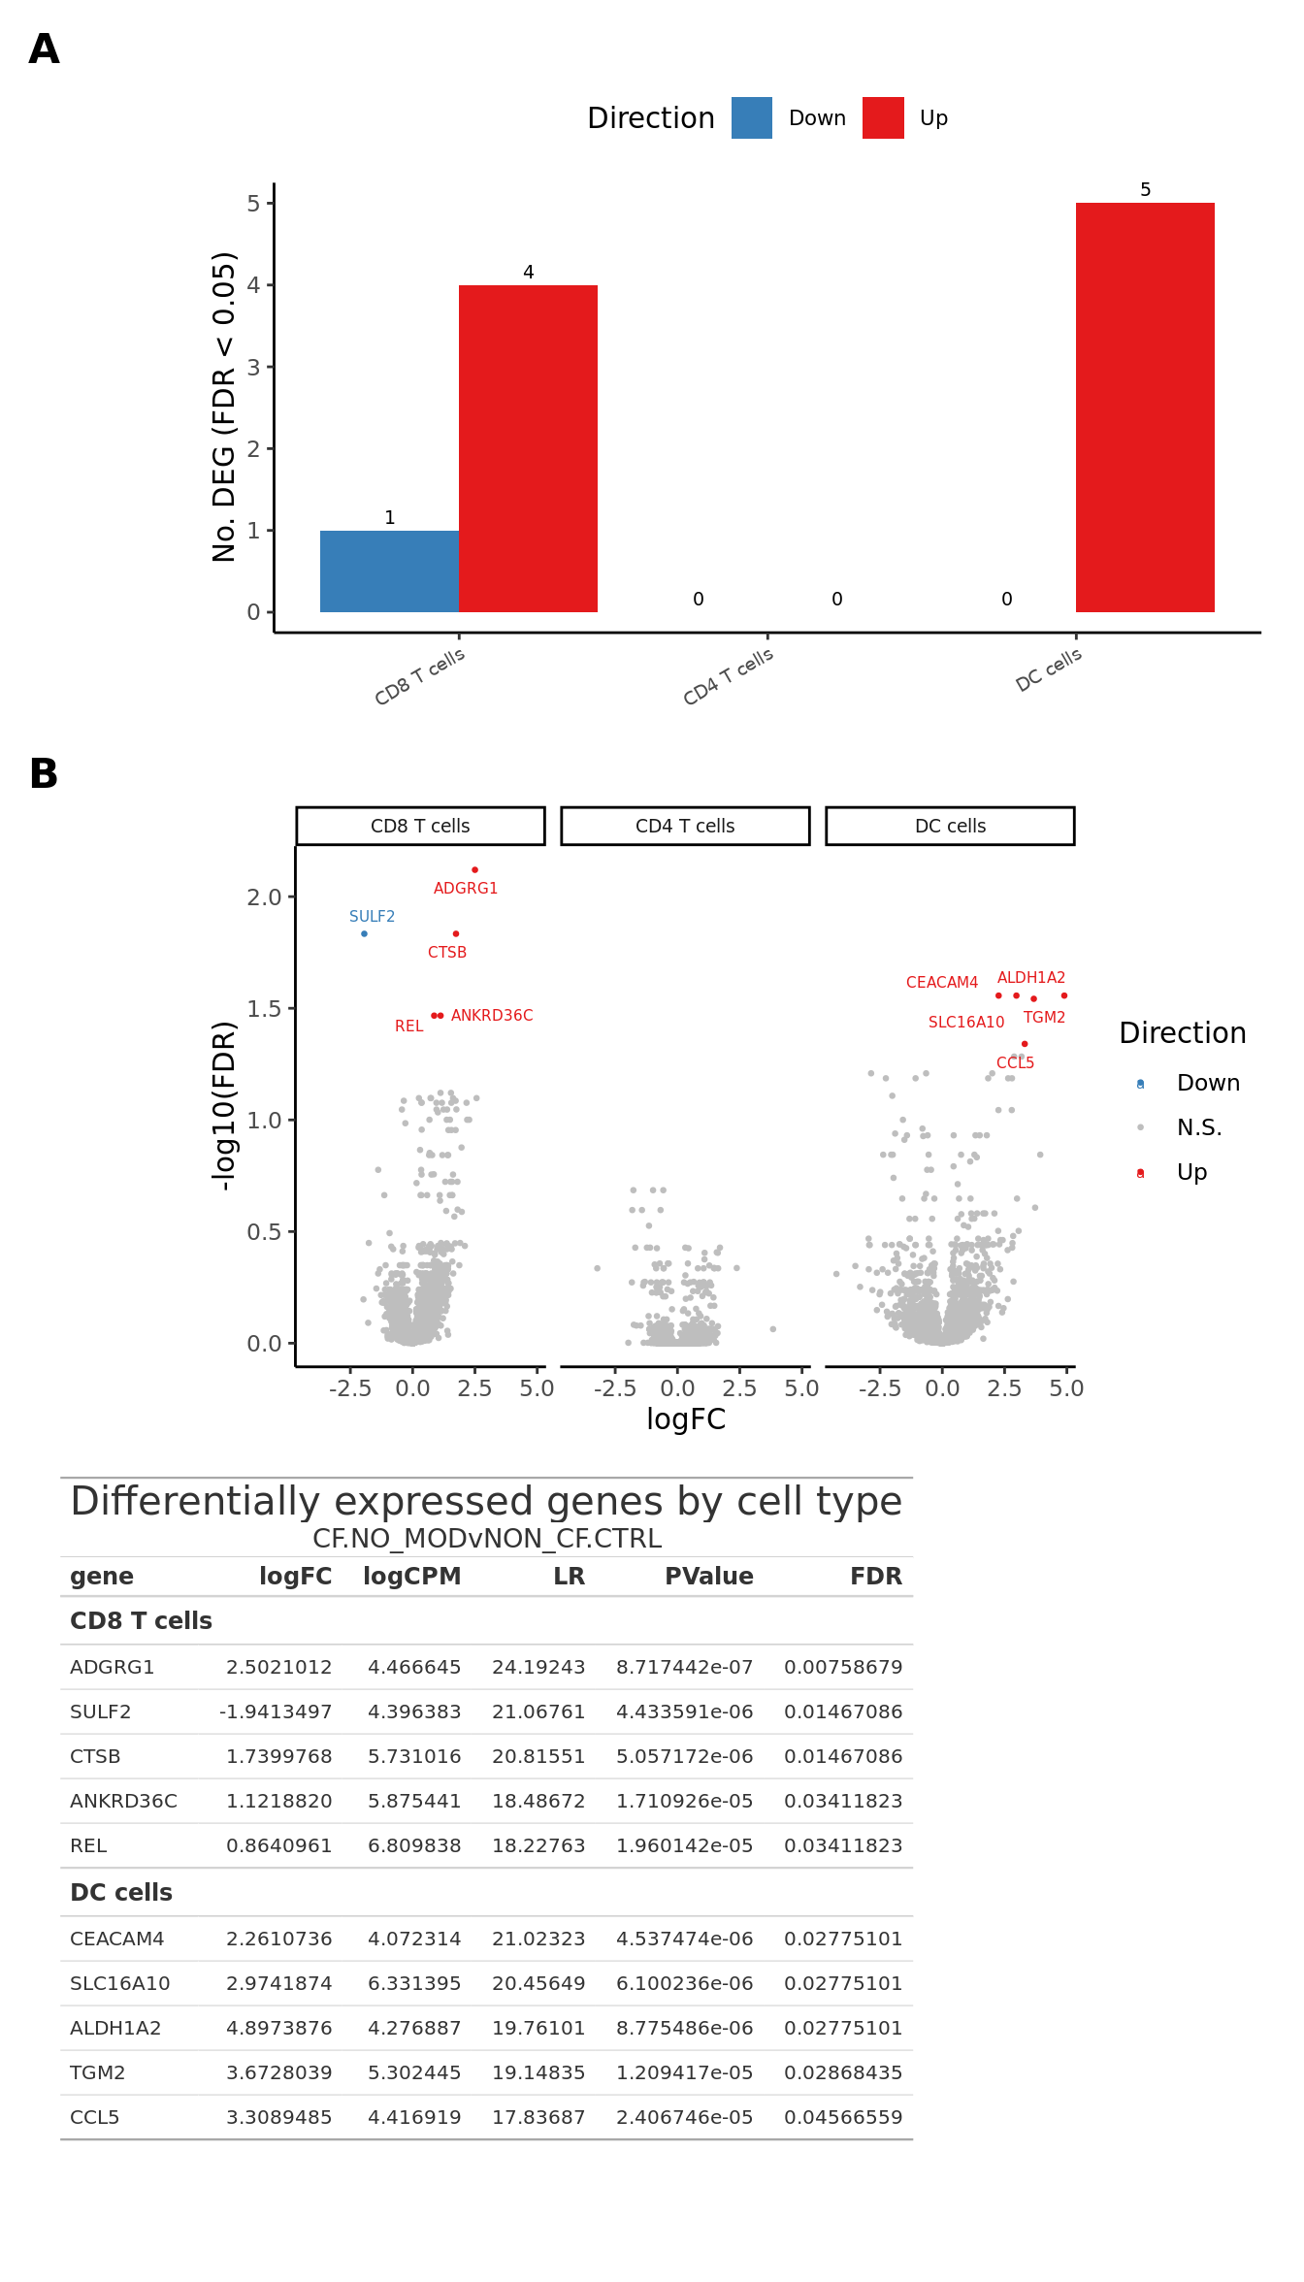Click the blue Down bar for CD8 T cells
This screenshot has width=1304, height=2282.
[x=389, y=571]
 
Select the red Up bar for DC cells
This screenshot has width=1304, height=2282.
[x=1145, y=407]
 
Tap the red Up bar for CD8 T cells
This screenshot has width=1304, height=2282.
[x=528, y=448]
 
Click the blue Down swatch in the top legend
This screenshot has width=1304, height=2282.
[x=752, y=118]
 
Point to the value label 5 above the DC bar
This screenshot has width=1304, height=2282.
[x=1145, y=190]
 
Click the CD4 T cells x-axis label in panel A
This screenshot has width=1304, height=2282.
[x=729, y=675]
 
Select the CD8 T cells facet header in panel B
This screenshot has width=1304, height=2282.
[x=420, y=826]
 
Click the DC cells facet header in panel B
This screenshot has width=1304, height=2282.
[x=950, y=826]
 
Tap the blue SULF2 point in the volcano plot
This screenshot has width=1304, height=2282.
[x=364, y=933]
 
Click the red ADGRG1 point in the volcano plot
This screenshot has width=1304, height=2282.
[x=474, y=869]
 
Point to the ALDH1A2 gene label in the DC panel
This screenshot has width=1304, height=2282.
[x=1031, y=978]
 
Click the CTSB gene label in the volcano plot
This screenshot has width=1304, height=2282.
[x=447, y=953]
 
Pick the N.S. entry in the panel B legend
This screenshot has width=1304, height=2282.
[x=1199, y=1127]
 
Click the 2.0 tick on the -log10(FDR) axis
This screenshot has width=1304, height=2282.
[x=264, y=897]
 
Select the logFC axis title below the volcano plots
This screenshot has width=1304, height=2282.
[x=686, y=1419]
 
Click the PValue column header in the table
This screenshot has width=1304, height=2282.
[x=708, y=1577]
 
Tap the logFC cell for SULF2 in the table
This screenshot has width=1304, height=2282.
[x=276, y=1711]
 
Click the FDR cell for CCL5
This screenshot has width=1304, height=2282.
[x=843, y=2117]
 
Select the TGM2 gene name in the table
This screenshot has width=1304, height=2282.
[x=98, y=2072]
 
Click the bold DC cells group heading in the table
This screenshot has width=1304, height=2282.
[x=121, y=1892]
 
